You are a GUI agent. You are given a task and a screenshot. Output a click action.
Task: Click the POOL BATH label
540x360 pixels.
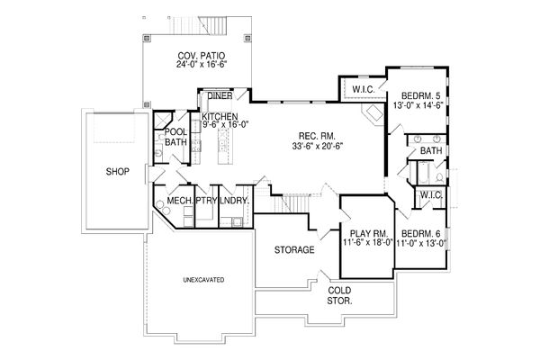point(175,137)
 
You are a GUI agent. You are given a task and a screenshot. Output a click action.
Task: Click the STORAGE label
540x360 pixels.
point(294,249)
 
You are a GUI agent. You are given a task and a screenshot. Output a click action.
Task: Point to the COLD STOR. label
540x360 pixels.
point(339,295)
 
